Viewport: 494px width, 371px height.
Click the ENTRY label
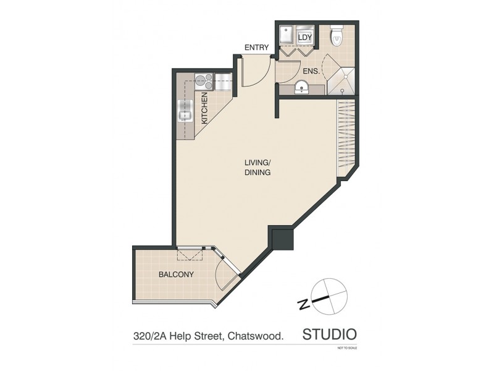(256, 48)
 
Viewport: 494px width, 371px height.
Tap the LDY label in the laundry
(305, 38)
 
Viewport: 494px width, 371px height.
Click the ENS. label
(311, 71)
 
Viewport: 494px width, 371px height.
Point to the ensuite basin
(301, 87)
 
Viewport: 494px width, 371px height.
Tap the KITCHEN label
(204, 108)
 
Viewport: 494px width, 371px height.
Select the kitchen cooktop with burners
(203, 80)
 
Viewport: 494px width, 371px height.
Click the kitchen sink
(186, 112)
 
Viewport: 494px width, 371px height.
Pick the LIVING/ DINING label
(257, 168)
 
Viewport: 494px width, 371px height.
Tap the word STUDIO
(329, 335)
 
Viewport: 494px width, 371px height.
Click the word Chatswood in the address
(256, 337)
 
